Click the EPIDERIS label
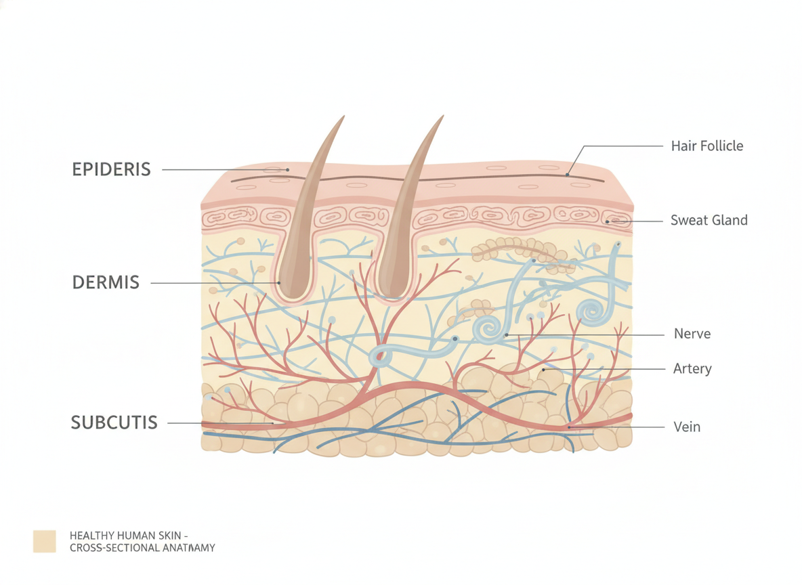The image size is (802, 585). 112,169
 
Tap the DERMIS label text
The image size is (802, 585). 106,282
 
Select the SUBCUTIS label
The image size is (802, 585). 114,422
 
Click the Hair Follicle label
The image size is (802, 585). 707,146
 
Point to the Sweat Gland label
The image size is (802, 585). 709,221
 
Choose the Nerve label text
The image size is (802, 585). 692,334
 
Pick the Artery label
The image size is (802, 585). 692,369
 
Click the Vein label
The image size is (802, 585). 687,427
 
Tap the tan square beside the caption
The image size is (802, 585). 45,541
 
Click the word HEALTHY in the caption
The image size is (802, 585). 92,536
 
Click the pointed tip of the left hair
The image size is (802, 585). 343,116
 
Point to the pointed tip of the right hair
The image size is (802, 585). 442,116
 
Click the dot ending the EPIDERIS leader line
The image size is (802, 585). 287,170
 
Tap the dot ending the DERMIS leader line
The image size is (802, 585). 279,282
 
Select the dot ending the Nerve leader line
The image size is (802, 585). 507,335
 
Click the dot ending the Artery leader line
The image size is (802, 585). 544,369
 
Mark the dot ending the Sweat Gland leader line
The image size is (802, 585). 607,221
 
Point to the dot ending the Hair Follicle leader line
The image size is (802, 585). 567,175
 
